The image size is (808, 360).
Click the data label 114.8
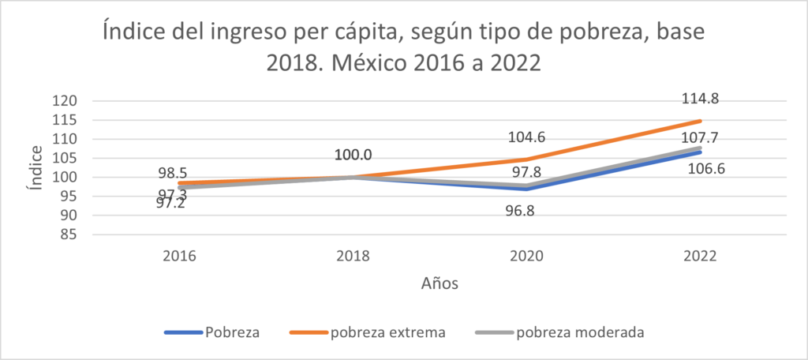click(701, 99)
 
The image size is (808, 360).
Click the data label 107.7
click(701, 137)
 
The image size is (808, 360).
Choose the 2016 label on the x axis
click(181, 256)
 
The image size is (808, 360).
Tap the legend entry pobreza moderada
click(580, 332)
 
